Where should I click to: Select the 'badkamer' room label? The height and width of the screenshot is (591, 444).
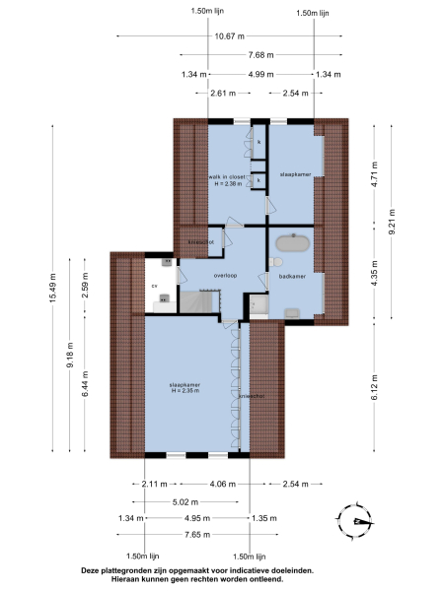(x=292, y=277)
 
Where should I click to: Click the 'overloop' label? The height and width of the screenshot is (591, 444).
(x=227, y=276)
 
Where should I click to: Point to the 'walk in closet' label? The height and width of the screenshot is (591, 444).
(x=226, y=176)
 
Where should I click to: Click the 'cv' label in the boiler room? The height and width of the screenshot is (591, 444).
(x=154, y=286)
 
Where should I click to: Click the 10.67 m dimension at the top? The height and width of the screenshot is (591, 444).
(x=224, y=36)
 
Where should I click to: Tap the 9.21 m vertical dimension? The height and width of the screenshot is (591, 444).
(x=392, y=220)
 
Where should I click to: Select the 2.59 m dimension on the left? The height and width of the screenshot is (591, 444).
(x=85, y=290)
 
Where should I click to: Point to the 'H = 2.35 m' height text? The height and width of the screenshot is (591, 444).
(x=185, y=391)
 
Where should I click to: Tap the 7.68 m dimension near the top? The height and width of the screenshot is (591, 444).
(x=261, y=55)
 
